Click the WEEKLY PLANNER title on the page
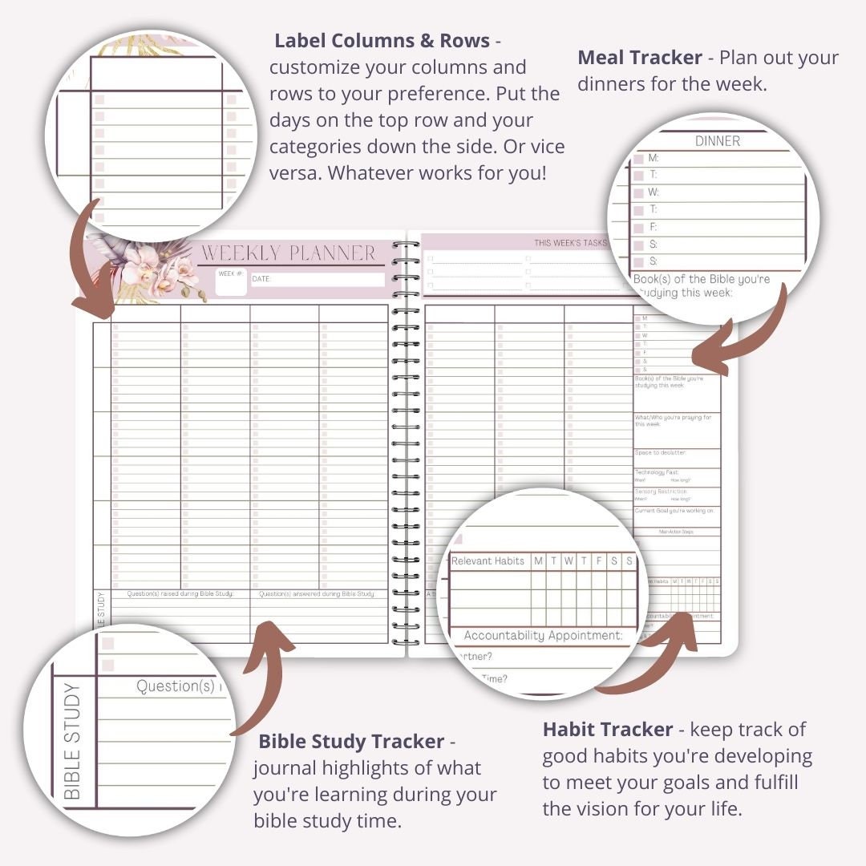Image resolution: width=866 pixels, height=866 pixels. [x=288, y=253]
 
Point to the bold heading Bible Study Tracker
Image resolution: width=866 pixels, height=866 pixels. [x=351, y=741]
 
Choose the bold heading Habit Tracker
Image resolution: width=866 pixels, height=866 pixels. [x=608, y=729]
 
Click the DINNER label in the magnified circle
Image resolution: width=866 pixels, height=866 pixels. [x=717, y=141]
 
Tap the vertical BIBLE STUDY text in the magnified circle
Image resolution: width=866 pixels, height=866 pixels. [x=72, y=741]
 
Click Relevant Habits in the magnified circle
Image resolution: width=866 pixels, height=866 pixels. [x=488, y=561]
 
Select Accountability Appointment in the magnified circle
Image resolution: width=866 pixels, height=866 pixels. [x=543, y=635]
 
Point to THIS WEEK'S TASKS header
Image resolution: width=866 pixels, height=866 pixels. [x=571, y=242]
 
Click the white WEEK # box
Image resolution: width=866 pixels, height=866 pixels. [x=231, y=283]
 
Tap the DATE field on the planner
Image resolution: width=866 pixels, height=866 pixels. [x=318, y=279]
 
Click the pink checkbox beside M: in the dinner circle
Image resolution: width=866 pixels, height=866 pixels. [x=639, y=159]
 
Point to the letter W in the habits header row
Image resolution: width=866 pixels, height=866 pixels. [x=568, y=561]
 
